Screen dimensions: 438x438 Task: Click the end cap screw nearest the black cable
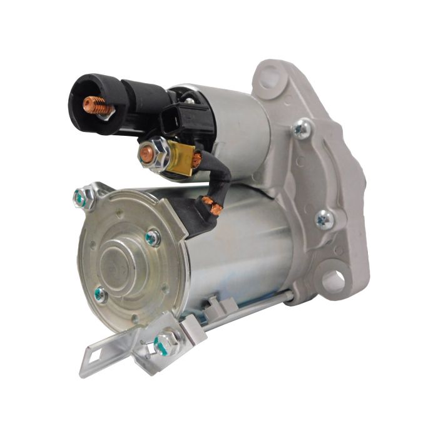152,237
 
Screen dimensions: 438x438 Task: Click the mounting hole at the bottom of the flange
334,280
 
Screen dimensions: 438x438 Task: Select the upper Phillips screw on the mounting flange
302,129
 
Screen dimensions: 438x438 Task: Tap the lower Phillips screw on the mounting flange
324,219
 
